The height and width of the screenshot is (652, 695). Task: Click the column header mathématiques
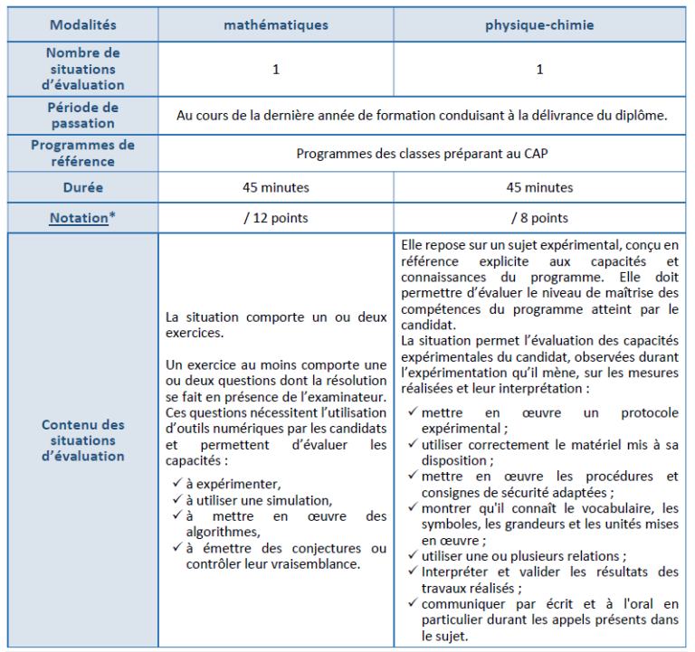click(276, 25)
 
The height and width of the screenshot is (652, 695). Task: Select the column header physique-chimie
click(539, 25)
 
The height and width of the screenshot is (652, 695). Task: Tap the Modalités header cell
click(82, 25)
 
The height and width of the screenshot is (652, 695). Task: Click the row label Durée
click(82, 188)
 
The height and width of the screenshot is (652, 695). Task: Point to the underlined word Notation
click(78, 218)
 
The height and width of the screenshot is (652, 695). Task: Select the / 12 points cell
click(276, 218)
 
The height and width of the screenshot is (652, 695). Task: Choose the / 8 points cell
click(539, 218)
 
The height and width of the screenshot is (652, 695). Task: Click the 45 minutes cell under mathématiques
click(276, 188)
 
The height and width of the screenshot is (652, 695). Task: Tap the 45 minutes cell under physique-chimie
click(539, 188)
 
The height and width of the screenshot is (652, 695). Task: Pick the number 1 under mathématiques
click(276, 70)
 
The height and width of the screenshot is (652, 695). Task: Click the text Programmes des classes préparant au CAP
click(421, 153)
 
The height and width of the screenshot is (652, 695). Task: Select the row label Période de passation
click(82, 116)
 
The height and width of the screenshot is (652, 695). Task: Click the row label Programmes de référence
click(82, 153)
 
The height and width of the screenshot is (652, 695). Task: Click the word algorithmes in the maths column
click(222, 532)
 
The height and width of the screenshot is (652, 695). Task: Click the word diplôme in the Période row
click(643, 116)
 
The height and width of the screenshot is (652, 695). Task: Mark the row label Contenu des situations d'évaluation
click(82, 440)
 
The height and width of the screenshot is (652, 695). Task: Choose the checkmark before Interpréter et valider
click(413, 571)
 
